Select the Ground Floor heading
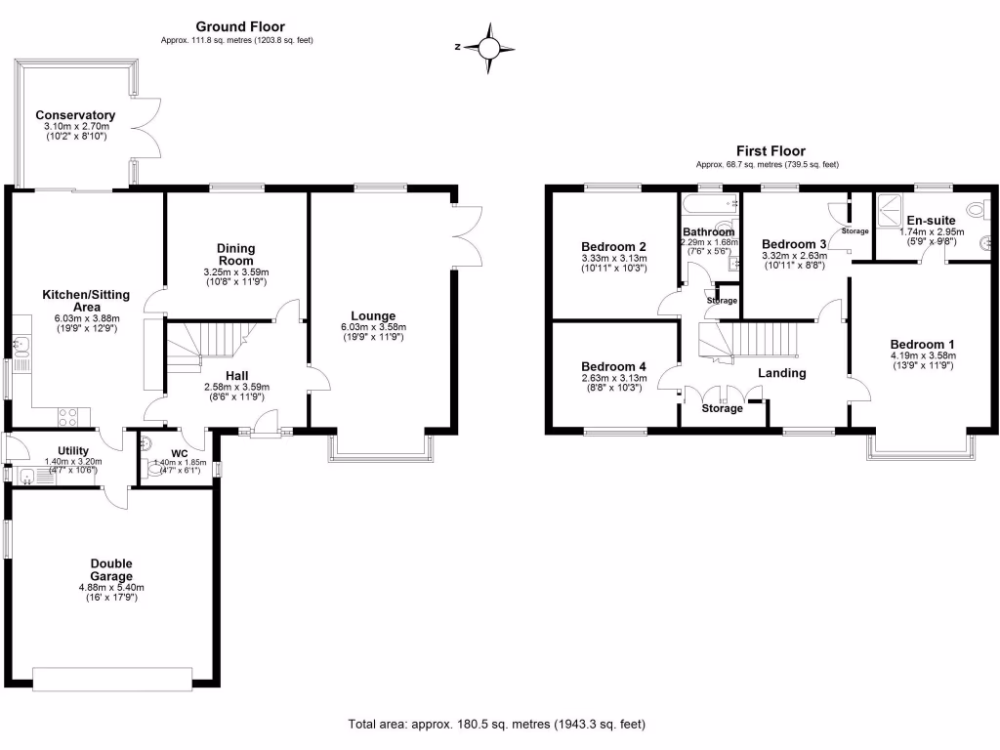pyautogui.click(x=240, y=26)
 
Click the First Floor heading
pyautogui.click(x=771, y=151)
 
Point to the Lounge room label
pyautogui.click(x=375, y=315)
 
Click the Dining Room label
pyautogui.click(x=235, y=254)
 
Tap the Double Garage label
pyautogui.click(x=110, y=570)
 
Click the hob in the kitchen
pyautogui.click(x=69, y=417)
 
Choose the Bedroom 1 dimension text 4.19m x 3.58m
pyautogui.click(x=922, y=356)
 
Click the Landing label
pyautogui.click(x=782, y=373)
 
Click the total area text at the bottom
pyautogui.click(x=497, y=725)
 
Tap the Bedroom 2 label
pyautogui.click(x=613, y=246)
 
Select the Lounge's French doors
pyautogui.click(x=467, y=234)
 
